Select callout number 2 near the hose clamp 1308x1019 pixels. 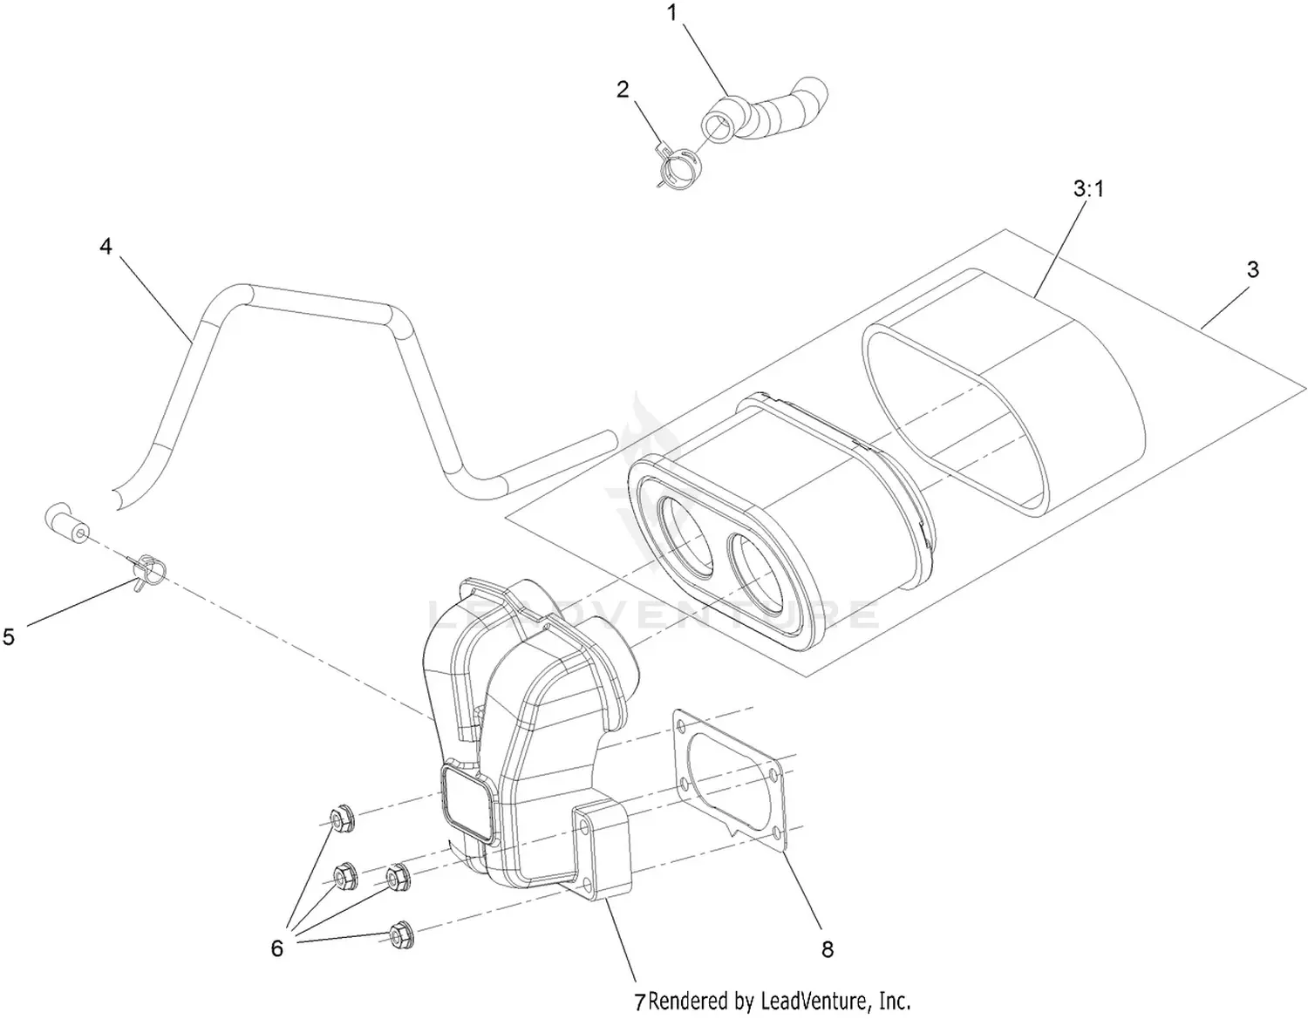[x=623, y=89]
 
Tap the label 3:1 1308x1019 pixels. [x=1088, y=188]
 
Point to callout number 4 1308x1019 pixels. [x=106, y=247]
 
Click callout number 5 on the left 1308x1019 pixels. [x=9, y=637]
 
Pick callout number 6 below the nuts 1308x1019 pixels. [x=276, y=948]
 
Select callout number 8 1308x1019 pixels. [x=827, y=948]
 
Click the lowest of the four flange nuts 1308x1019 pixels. [x=400, y=934]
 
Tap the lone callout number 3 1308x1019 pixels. [x=1252, y=270]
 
